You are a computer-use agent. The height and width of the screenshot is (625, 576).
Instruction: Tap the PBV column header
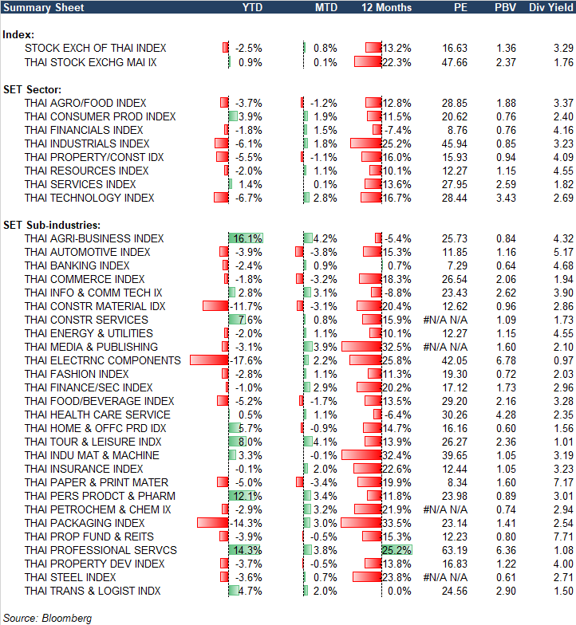[504, 8]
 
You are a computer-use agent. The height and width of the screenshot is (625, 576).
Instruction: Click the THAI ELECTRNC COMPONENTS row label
[103, 360]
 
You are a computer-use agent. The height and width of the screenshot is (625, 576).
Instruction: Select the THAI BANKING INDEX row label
[77, 265]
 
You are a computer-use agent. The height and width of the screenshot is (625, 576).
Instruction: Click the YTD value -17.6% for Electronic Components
[247, 360]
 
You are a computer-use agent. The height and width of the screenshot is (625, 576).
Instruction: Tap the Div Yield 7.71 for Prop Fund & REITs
[562, 537]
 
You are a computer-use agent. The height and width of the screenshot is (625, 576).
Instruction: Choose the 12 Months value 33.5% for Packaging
[396, 523]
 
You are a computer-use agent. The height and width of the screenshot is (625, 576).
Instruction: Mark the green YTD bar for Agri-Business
[246, 238]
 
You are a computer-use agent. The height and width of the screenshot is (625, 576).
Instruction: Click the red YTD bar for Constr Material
[215, 306]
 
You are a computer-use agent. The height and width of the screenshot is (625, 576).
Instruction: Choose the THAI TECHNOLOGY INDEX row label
[89, 198]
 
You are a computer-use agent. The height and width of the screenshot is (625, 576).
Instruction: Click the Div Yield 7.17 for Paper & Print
[562, 482]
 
